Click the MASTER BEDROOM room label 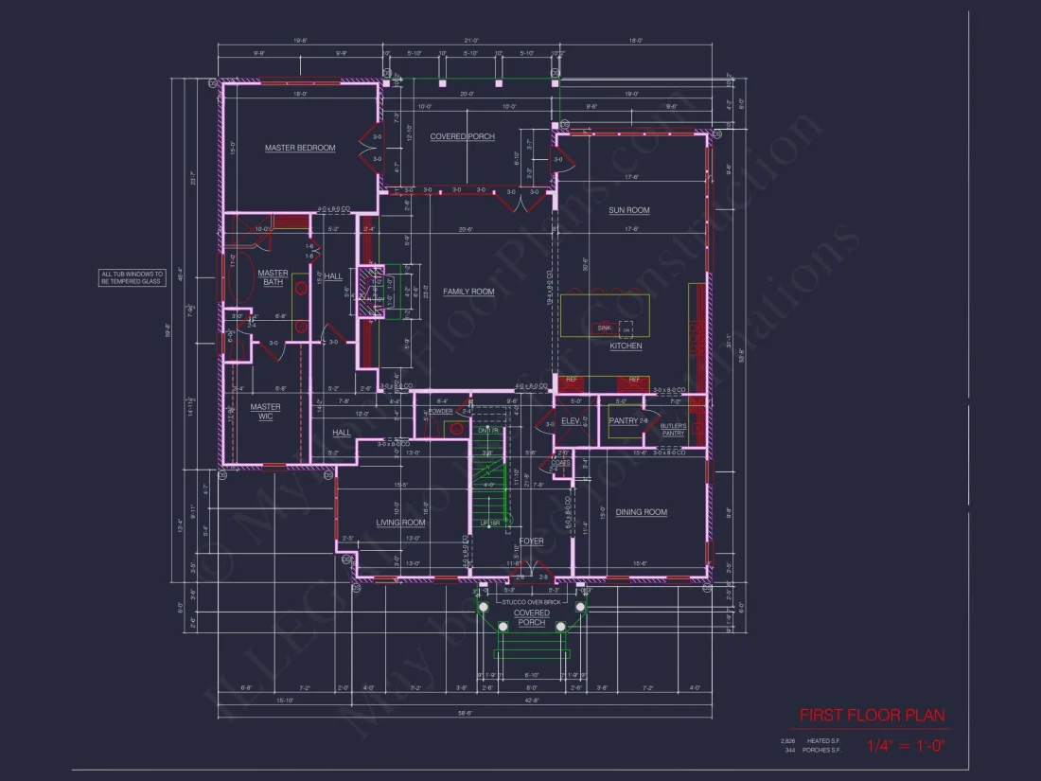point(300,148)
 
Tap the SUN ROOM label point(628,210)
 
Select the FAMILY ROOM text point(469,292)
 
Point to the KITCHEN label point(626,346)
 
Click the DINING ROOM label point(642,512)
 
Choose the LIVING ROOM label point(401,523)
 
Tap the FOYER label point(531,541)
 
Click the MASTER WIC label point(265,412)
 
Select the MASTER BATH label point(273,277)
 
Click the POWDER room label point(441,412)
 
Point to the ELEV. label point(570,420)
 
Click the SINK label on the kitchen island point(603,328)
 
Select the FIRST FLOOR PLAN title point(872,715)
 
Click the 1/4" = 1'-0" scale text point(906,745)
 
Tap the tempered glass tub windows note point(132,277)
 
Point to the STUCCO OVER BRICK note point(532,600)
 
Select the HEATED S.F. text point(823,740)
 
